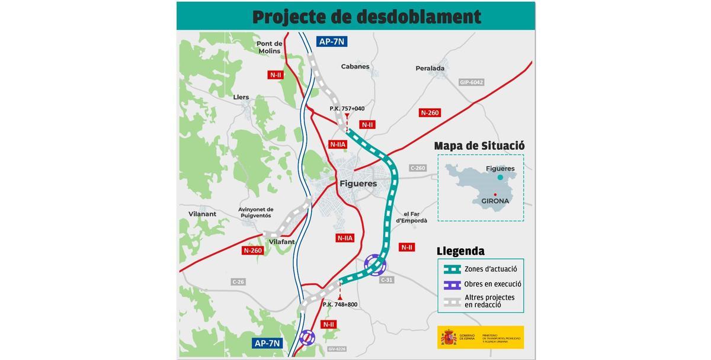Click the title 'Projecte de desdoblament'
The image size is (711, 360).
366,17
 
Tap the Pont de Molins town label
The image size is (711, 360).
270,47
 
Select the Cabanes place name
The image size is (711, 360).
355,66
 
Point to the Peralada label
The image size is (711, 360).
430,68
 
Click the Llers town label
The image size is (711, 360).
241,97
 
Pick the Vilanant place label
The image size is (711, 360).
202,214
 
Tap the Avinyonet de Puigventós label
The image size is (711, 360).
256,213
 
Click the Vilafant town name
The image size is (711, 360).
281,242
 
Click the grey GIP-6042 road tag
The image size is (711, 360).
472,82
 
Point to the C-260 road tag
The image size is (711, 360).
418,168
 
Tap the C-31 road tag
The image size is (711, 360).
387,280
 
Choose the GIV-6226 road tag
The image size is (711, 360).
337,349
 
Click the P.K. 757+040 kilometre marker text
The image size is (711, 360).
347,108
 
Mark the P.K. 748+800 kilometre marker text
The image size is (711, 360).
340,304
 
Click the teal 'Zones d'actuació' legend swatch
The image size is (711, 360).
452,269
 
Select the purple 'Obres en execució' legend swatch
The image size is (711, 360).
452,284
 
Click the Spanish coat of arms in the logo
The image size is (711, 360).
449,337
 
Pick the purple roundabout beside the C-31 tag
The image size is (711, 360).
375,265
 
